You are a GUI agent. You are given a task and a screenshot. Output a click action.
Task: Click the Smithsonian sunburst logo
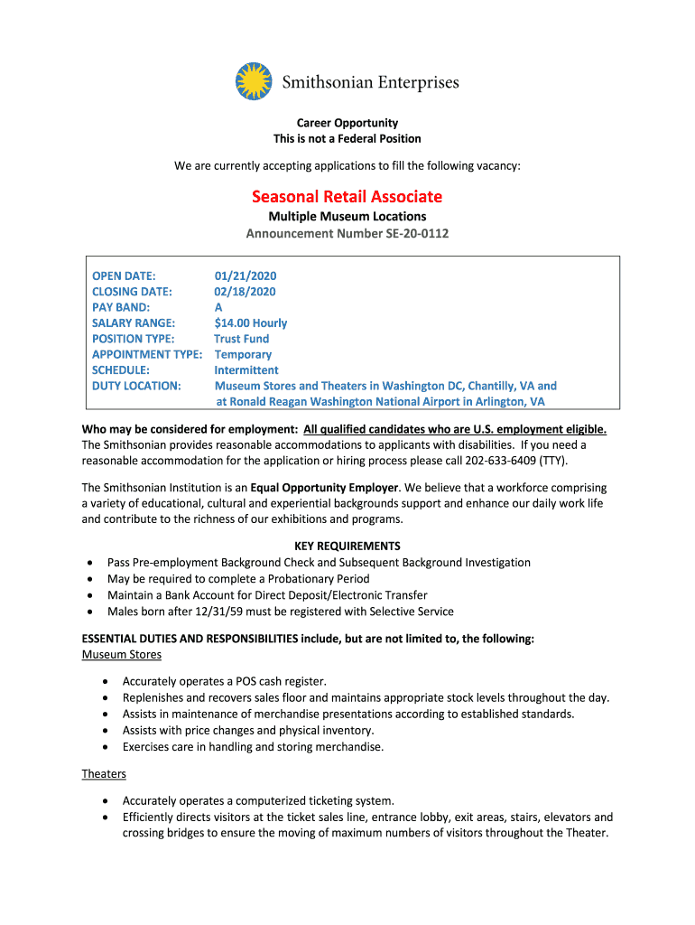click(x=254, y=81)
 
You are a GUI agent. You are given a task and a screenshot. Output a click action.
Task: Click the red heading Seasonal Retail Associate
click(x=347, y=196)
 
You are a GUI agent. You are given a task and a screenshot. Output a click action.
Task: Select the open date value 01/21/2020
click(x=245, y=276)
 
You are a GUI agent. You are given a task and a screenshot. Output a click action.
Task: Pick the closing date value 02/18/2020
click(x=245, y=292)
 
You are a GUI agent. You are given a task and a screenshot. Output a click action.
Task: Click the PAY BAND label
click(x=121, y=307)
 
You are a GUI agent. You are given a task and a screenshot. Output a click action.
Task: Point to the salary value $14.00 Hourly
click(x=250, y=323)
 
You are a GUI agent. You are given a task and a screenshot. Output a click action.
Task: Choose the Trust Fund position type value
click(x=241, y=339)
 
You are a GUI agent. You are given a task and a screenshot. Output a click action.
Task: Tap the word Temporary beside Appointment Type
click(x=243, y=355)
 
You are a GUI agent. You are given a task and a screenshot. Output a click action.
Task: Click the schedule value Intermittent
click(x=246, y=370)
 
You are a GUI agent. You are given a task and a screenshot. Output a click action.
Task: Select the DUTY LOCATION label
click(x=136, y=386)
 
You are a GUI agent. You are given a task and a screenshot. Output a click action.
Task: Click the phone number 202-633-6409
click(x=501, y=461)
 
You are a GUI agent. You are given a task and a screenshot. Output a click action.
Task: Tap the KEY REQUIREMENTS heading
click(x=347, y=547)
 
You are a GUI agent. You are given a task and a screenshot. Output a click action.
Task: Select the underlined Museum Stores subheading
click(x=122, y=655)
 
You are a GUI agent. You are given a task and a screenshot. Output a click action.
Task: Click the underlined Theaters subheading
click(x=104, y=774)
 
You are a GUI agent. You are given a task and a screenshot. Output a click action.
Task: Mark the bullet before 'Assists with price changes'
click(x=107, y=731)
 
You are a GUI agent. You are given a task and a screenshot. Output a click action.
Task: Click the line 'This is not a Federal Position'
click(x=347, y=139)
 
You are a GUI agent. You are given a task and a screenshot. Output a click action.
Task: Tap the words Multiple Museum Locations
click(x=347, y=217)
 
